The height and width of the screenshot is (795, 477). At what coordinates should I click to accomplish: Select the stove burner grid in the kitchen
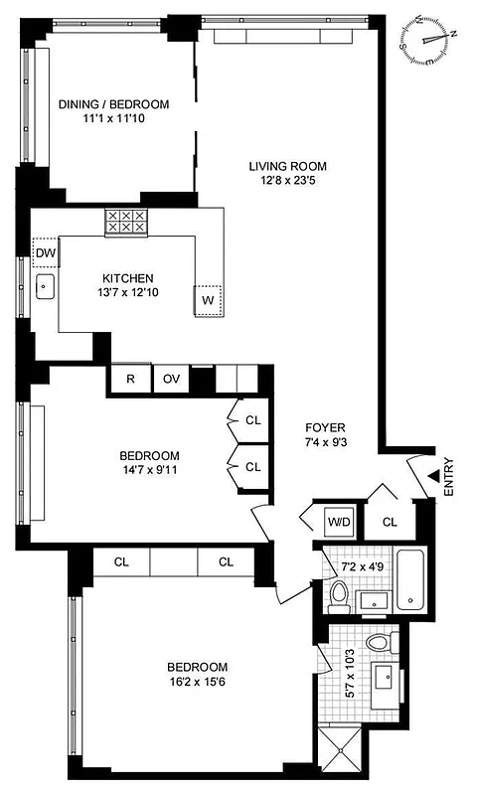[126, 222]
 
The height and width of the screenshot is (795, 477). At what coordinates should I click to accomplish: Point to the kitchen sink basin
[45, 288]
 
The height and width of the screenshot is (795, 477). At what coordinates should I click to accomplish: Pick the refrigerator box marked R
[129, 379]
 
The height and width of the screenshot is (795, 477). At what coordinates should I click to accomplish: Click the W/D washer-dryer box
[336, 520]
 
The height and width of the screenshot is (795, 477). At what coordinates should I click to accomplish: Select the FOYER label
[325, 427]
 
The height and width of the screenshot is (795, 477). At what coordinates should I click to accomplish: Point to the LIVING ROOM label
[287, 166]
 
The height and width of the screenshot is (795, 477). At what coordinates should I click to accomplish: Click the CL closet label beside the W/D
[390, 520]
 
